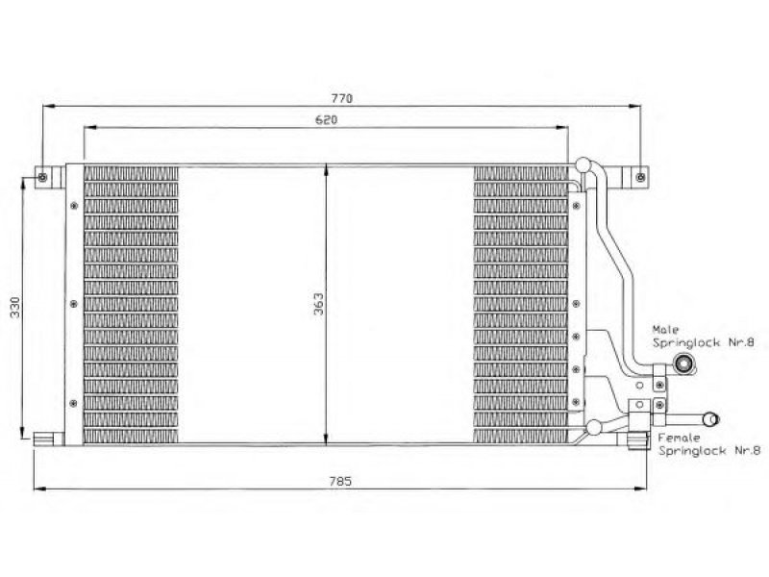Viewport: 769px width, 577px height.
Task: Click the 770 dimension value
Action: pyautogui.click(x=342, y=99)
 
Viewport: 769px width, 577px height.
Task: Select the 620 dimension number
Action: pyautogui.click(x=326, y=119)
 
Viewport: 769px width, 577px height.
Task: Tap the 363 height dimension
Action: pyautogui.click(x=319, y=304)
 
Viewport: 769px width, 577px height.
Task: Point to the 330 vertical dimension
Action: pyautogui.click(x=15, y=307)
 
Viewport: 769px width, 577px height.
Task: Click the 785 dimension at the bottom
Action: pyautogui.click(x=341, y=482)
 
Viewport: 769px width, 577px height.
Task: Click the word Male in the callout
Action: pyautogui.click(x=665, y=329)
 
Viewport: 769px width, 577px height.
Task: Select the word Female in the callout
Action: pyautogui.click(x=680, y=438)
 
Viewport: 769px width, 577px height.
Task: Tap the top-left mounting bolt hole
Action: pyautogui.click(x=42, y=177)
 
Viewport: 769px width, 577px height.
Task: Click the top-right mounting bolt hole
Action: pyautogui.click(x=640, y=177)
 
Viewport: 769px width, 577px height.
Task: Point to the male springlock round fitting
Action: pyautogui.click(x=682, y=364)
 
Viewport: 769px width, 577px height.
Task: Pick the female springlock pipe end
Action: pyautogui.click(x=710, y=419)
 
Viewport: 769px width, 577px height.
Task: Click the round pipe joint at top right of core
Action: pyautogui.click(x=583, y=164)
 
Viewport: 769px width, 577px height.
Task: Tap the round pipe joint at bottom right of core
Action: pyautogui.click(x=594, y=427)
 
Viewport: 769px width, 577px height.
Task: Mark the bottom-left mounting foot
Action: pyautogui.click(x=49, y=439)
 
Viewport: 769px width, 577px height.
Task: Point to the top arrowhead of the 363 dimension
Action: pyautogui.click(x=327, y=171)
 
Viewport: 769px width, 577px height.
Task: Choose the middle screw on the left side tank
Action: pyautogui.click(x=74, y=304)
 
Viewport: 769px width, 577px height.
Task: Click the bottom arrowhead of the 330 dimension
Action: pyautogui.click(x=22, y=434)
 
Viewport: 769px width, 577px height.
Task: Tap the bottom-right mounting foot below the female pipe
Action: pyautogui.click(x=637, y=440)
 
